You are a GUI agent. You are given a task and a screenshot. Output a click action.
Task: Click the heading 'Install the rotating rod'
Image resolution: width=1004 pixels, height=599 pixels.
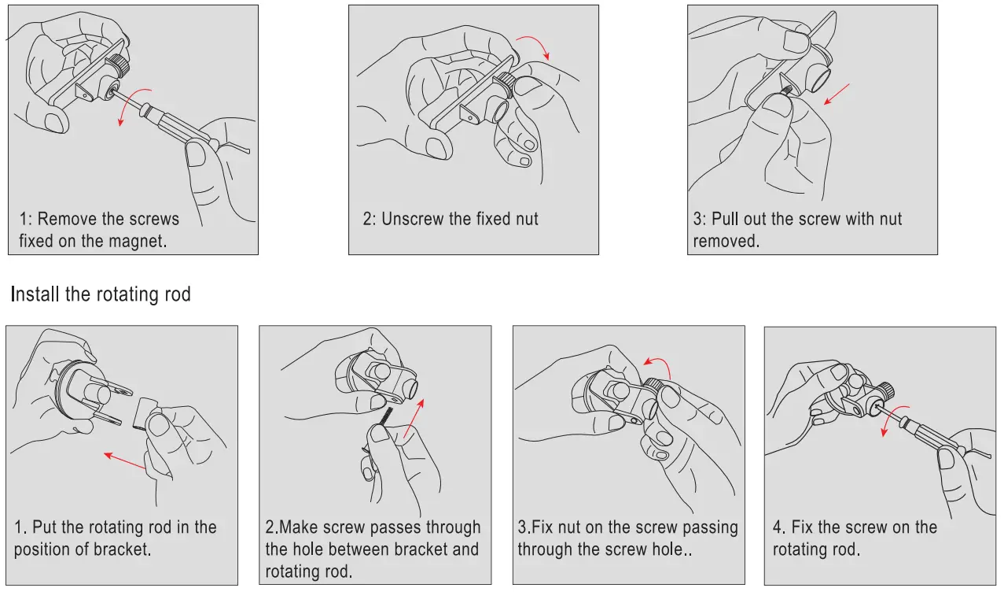101,294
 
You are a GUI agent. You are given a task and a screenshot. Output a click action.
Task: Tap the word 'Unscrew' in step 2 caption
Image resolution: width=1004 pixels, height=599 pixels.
412,219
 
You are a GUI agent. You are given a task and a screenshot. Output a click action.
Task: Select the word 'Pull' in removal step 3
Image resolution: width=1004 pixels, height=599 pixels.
725,219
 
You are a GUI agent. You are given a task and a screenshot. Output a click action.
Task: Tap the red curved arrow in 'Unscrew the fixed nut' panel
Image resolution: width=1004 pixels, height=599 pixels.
536,43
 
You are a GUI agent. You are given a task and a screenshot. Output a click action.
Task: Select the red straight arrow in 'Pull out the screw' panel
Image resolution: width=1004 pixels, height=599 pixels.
837,94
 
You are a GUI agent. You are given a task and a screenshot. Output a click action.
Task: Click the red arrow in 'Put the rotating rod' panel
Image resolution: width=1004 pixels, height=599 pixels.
124,460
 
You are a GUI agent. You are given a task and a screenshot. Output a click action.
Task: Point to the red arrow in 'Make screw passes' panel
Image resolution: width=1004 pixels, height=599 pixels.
414,418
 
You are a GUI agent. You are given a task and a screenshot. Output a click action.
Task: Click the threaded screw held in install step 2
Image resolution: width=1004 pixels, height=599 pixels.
385,416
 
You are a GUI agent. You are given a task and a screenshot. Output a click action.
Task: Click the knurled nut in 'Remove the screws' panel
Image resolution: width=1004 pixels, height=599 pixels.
119,65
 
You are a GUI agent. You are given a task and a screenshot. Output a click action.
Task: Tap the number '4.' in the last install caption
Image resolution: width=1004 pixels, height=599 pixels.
779,527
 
